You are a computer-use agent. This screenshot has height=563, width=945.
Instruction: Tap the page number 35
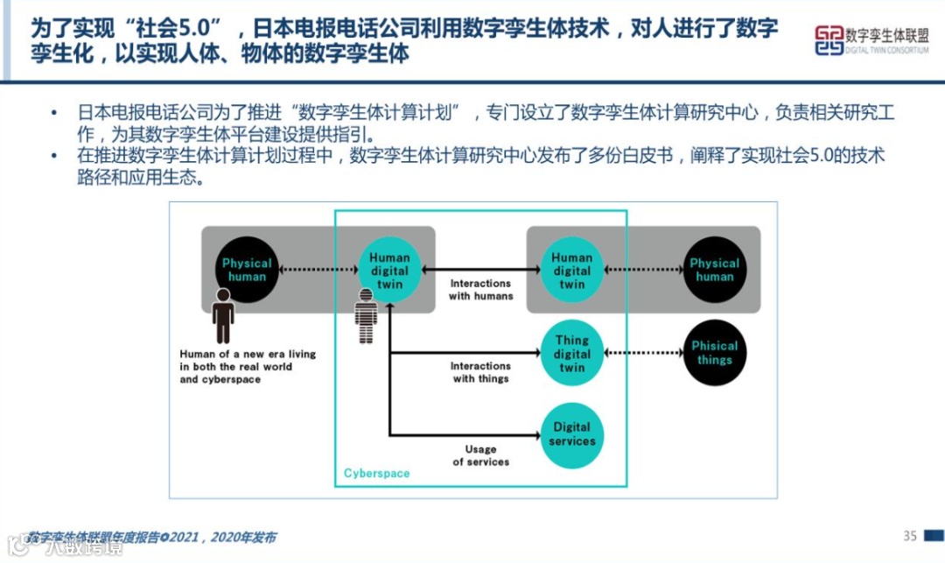pyautogui.click(x=910, y=536)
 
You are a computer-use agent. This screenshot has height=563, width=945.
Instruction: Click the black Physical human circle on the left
pyautogui.click(x=247, y=271)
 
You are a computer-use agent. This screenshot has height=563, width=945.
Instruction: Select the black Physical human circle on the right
pyautogui.click(x=714, y=271)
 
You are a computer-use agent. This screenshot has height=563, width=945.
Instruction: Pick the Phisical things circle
pyautogui.click(x=714, y=353)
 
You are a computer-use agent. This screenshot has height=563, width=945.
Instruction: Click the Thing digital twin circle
pyautogui.click(x=571, y=354)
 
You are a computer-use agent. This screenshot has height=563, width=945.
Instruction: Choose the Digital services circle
pyautogui.click(x=571, y=434)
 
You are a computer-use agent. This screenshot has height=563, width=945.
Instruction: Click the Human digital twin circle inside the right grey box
pyautogui.click(x=571, y=271)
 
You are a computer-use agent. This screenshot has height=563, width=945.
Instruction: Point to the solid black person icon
pyautogui.click(x=223, y=316)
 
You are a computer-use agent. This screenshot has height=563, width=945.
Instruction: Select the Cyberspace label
pyautogui.click(x=376, y=474)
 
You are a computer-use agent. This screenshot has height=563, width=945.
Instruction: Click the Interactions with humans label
pyautogui.click(x=481, y=290)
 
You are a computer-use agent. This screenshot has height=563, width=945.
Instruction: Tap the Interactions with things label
pyautogui.click(x=481, y=372)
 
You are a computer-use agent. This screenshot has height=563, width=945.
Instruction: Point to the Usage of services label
pyautogui.click(x=481, y=455)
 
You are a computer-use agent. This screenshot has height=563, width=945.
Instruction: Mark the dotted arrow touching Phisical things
pyautogui.click(x=644, y=353)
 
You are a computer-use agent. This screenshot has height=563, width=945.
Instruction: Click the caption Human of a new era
pyautogui.click(x=248, y=367)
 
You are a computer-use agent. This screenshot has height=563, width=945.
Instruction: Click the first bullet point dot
pyautogui.click(x=55, y=114)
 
